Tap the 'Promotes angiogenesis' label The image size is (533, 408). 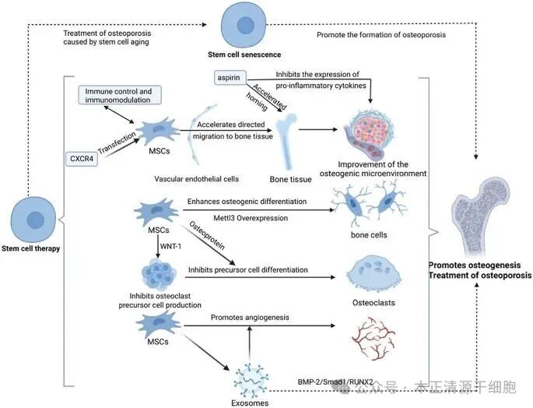click(x=251, y=318)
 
